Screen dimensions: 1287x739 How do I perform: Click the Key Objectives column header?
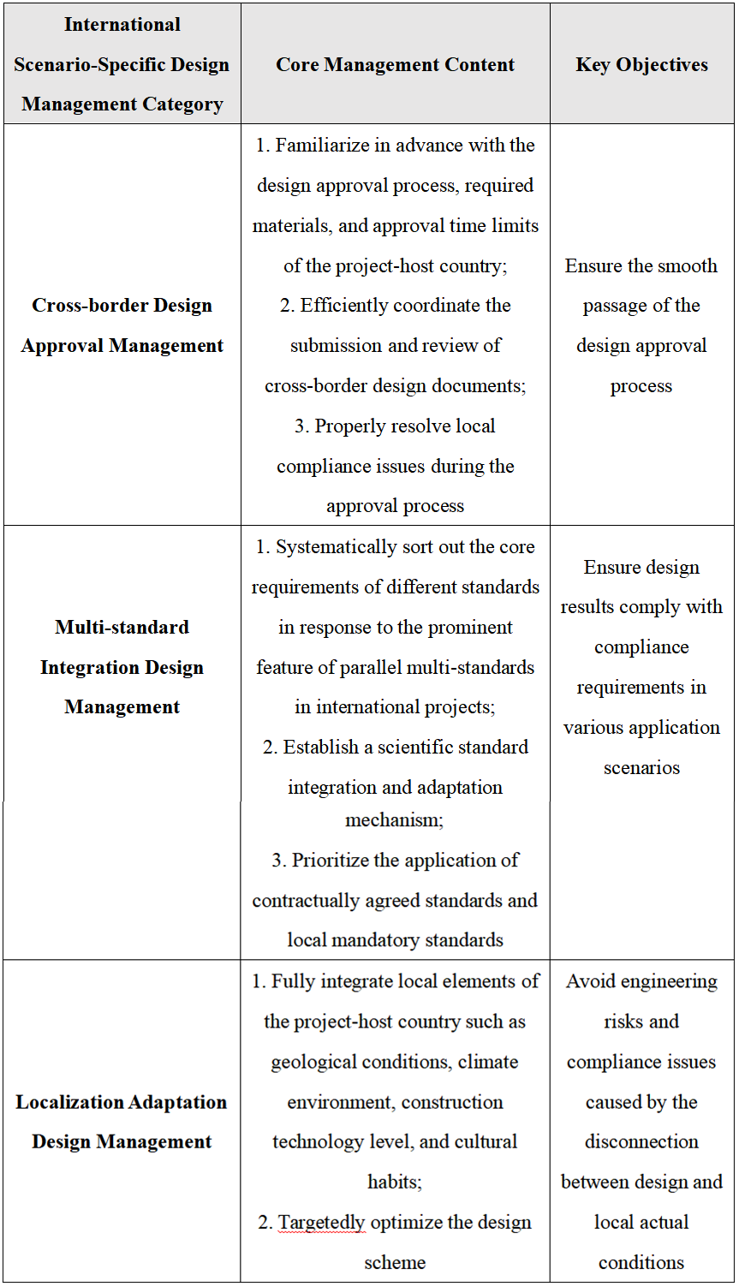(x=641, y=65)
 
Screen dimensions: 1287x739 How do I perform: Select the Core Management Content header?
(x=395, y=65)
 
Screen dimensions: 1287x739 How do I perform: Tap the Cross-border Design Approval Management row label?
(x=122, y=325)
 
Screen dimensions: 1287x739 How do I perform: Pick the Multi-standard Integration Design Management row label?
(x=122, y=667)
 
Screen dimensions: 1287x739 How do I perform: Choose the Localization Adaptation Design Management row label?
(x=122, y=1122)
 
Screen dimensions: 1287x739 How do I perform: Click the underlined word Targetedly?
(x=322, y=1223)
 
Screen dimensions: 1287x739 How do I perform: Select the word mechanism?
(x=393, y=820)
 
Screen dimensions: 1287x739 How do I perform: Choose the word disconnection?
(x=641, y=1142)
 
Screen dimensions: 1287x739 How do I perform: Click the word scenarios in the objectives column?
(x=641, y=768)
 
